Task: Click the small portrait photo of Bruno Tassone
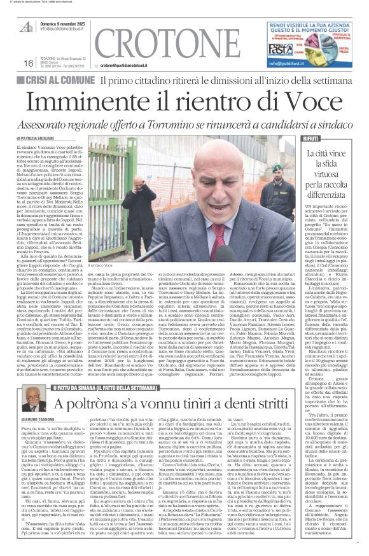[x=31, y=403]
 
